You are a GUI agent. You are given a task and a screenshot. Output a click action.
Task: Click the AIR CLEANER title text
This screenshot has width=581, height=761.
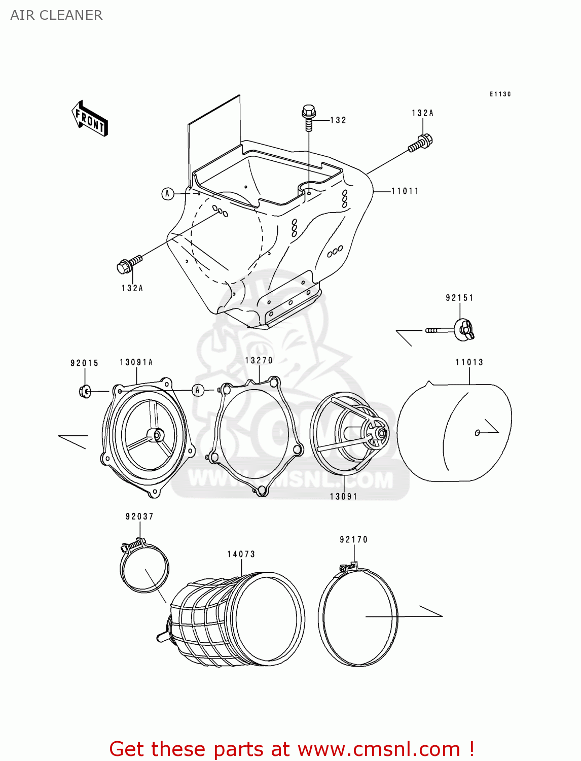[56, 15]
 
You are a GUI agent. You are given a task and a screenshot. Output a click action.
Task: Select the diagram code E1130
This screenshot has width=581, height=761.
[500, 94]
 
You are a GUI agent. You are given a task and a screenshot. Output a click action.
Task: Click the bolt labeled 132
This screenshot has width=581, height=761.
[308, 117]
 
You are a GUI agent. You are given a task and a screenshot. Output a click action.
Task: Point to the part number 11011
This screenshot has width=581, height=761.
[405, 191]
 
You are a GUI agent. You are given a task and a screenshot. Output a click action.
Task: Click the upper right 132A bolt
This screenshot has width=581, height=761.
[421, 143]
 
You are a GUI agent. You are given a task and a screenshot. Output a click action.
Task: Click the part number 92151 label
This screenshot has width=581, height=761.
[459, 298]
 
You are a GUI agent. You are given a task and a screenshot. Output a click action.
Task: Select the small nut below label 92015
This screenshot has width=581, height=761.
[85, 391]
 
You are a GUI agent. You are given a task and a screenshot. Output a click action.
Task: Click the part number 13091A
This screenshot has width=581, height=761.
[136, 362]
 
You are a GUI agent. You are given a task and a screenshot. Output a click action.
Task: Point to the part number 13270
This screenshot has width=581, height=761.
[259, 360]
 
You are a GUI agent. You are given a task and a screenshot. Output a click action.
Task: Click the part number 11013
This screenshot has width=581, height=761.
[469, 362]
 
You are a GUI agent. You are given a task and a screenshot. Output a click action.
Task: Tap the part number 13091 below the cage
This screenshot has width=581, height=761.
[343, 497]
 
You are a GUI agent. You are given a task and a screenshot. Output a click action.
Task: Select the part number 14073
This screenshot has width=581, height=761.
[241, 554]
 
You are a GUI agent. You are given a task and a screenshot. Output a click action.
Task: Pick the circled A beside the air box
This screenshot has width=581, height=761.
[167, 194]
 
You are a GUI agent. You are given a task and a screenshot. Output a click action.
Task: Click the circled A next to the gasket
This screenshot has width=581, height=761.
[198, 390]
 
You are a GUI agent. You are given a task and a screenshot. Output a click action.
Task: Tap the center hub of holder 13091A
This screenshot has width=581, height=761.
[156, 435]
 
